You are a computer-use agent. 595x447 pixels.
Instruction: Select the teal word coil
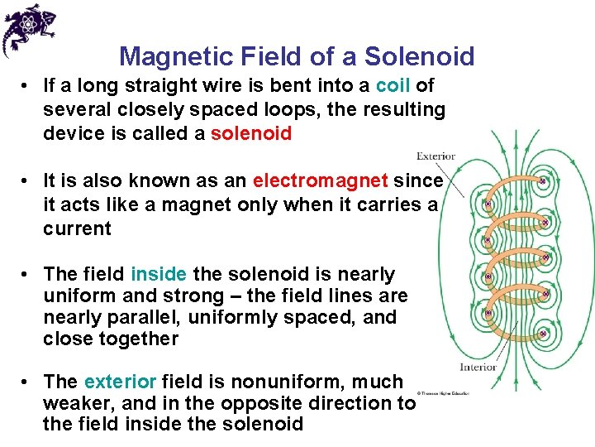393,86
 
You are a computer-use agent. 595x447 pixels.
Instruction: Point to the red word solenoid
251,133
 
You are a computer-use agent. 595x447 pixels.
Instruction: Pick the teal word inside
159,274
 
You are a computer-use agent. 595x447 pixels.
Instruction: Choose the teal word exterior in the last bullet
120,382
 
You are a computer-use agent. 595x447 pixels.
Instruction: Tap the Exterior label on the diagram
436,156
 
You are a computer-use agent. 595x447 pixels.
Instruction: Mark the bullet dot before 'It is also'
27,181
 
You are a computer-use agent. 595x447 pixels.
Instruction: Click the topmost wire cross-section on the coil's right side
542,180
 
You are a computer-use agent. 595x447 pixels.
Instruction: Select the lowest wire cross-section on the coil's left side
488,314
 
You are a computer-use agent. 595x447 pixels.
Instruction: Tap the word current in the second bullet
77,228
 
